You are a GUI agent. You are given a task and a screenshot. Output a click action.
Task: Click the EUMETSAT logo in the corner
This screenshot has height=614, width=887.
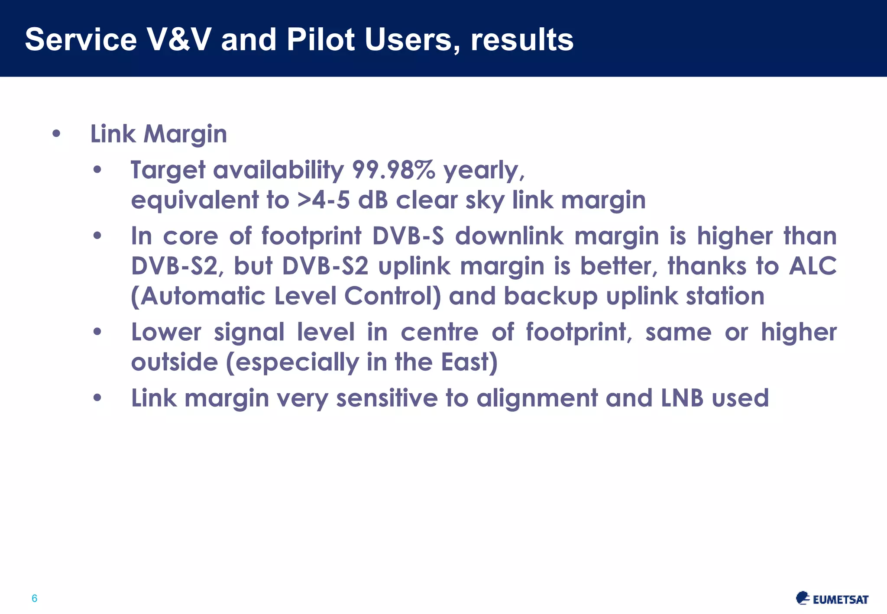coord(832,598)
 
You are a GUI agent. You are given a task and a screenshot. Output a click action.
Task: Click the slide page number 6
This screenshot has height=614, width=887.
coord(35,598)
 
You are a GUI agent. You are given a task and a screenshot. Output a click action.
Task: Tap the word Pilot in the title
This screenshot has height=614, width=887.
coord(320,40)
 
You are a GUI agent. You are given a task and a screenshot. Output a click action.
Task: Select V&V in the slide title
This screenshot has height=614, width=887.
coord(179,40)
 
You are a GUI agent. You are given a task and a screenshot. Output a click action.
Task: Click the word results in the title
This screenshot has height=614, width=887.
coord(522,40)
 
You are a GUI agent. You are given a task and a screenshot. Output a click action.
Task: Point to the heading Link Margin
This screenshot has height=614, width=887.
coord(159,134)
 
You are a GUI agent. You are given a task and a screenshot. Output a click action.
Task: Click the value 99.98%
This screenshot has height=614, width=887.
coord(393,170)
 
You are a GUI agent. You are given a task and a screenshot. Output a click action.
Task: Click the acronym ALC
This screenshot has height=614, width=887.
coord(813,266)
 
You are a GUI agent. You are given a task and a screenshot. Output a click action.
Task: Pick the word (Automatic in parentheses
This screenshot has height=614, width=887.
coord(198,297)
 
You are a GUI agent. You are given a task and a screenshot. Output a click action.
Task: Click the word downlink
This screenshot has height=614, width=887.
coord(509,236)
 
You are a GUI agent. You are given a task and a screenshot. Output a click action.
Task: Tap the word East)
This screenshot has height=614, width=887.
coord(469,362)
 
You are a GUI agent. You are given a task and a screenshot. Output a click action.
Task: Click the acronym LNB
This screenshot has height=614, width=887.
coord(682,398)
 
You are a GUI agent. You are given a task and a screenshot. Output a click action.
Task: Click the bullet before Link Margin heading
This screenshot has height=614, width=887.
coord(56,134)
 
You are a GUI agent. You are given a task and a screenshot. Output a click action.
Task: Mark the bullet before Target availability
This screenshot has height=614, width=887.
coord(97,170)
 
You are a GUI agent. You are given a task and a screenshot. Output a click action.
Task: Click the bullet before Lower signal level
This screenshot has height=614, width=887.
coord(97,333)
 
